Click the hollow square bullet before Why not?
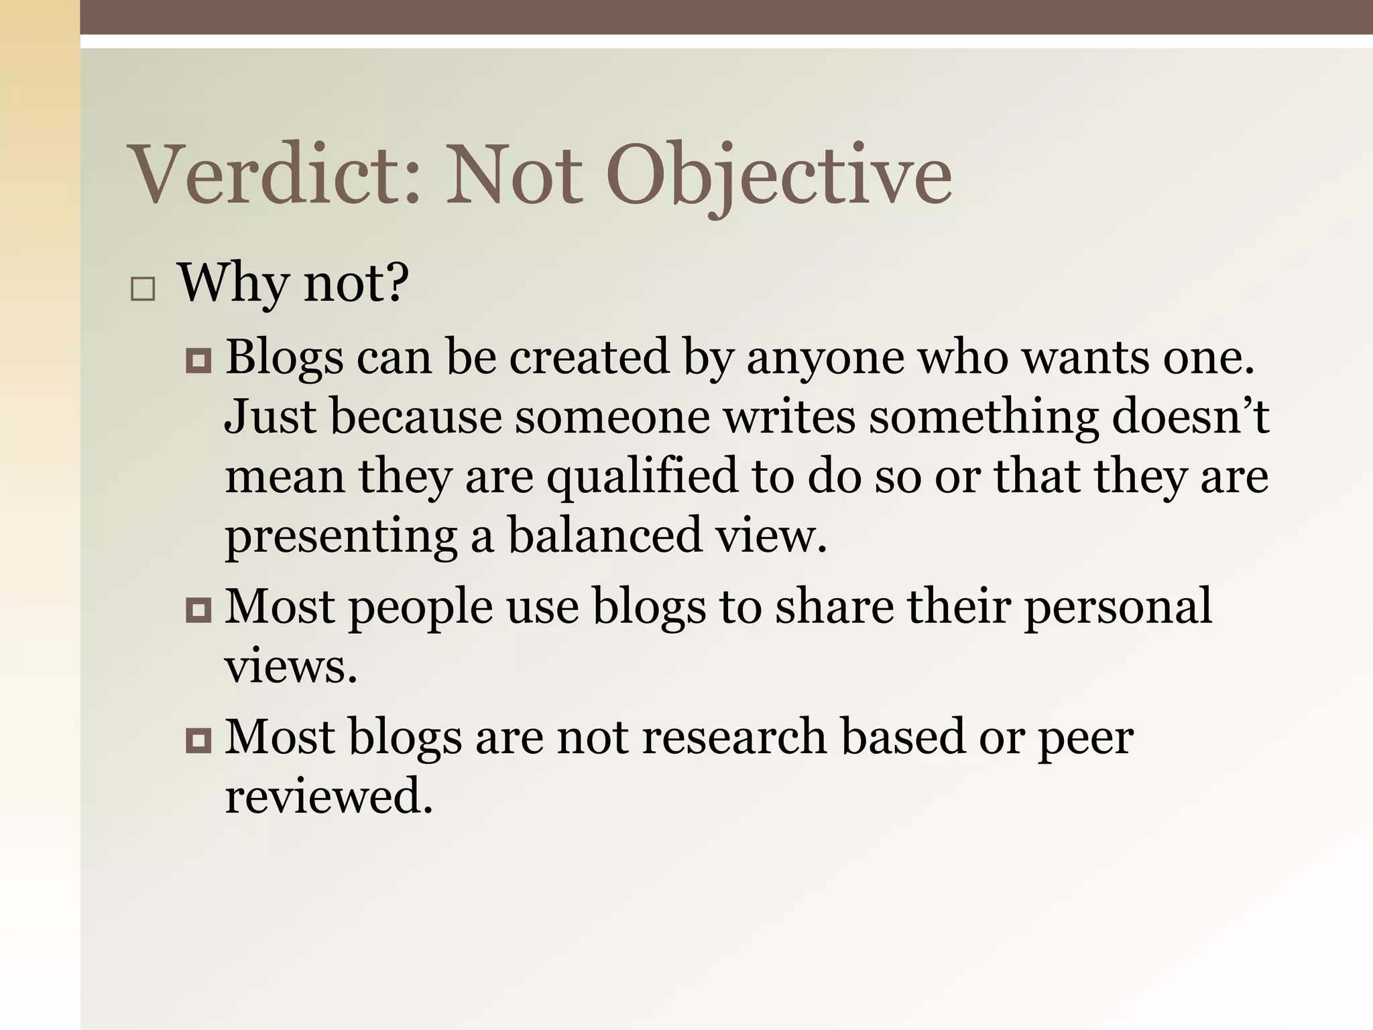143,290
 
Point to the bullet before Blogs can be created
198,361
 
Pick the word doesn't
1190,416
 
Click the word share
834,606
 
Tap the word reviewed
329,797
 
